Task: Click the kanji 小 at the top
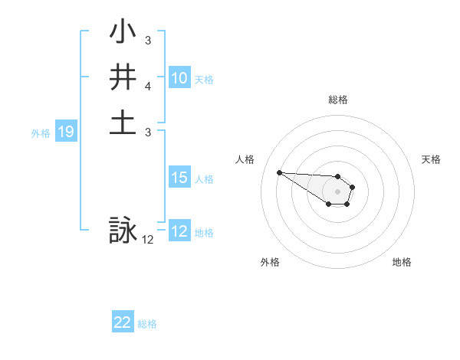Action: (x=123, y=34)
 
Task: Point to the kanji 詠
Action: (x=123, y=231)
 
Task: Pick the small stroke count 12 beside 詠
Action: (x=147, y=240)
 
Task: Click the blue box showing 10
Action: (x=179, y=78)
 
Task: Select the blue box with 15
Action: (x=179, y=178)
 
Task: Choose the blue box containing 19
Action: (x=66, y=133)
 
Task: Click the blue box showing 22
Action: (x=123, y=323)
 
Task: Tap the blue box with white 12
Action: (x=179, y=232)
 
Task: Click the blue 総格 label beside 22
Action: (x=147, y=324)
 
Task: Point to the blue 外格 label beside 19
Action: (x=41, y=133)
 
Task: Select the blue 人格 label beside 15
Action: (x=204, y=179)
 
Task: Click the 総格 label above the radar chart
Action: (x=337, y=100)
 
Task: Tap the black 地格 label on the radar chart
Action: (x=402, y=262)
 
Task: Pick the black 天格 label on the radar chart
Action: (x=431, y=159)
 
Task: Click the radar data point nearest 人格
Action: (x=279, y=172)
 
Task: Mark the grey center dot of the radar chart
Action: (x=337, y=191)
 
